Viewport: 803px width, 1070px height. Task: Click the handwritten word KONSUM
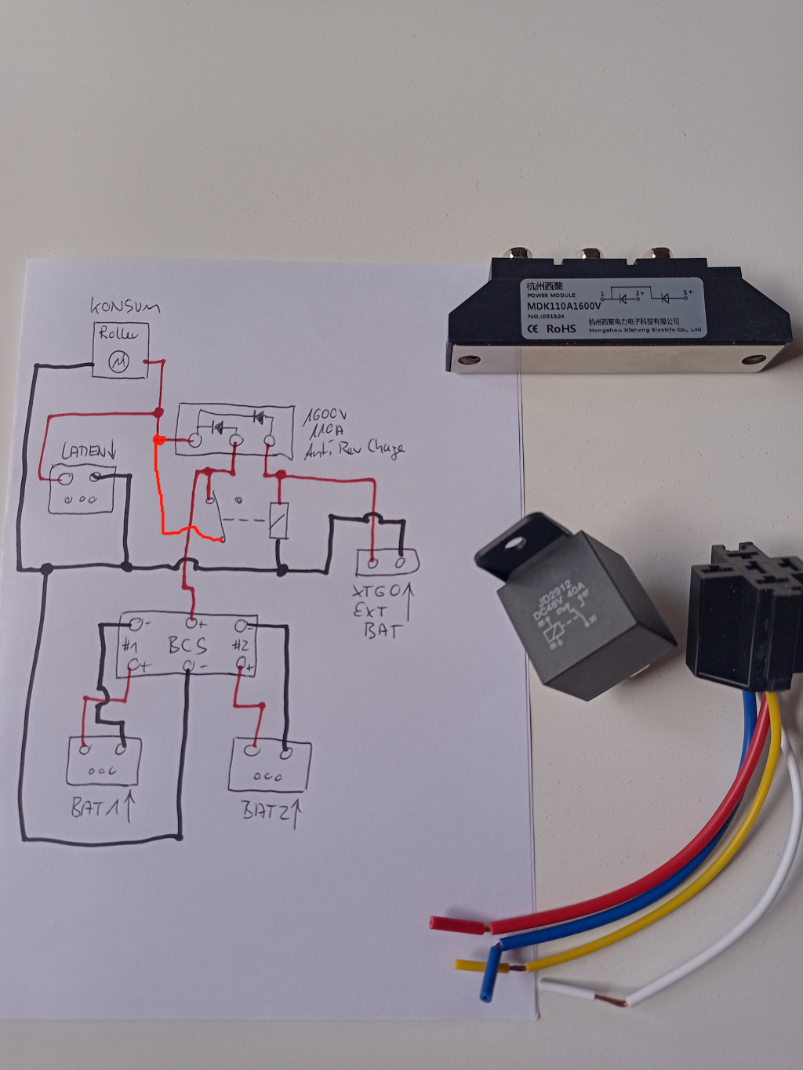(125, 306)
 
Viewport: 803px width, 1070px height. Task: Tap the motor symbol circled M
(118, 361)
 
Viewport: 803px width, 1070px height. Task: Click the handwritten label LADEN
(89, 452)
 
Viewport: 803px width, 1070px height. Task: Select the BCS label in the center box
(187, 645)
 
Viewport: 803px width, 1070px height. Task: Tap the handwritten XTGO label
(378, 590)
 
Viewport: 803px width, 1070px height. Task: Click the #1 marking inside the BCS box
(129, 646)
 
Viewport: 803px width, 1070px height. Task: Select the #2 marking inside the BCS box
(240, 645)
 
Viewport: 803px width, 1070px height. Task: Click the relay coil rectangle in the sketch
(279, 520)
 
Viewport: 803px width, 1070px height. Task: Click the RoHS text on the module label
(561, 328)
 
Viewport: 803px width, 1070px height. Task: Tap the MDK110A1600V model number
(564, 306)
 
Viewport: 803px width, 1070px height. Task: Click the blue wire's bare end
(486, 994)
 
